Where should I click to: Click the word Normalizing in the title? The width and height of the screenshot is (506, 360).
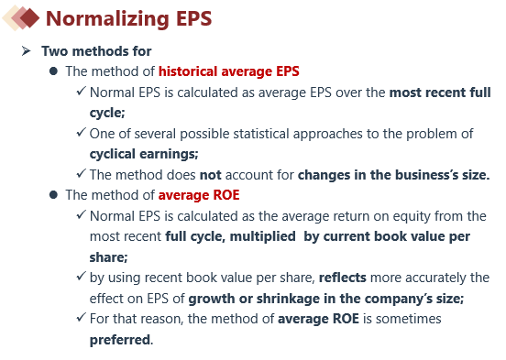point(107,18)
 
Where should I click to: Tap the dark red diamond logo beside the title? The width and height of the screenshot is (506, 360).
point(29,17)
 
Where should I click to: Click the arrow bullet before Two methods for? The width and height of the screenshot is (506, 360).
point(26,51)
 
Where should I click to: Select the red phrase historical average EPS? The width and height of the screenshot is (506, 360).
point(229,71)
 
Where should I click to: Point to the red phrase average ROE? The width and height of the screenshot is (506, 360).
point(199,195)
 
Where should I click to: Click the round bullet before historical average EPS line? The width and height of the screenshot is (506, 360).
point(53,71)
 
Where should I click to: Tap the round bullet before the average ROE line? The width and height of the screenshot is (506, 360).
point(53,195)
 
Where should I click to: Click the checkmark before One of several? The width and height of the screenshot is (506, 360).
point(82,132)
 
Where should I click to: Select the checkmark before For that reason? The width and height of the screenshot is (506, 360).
point(82,317)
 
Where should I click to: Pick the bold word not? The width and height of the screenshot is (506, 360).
point(211,175)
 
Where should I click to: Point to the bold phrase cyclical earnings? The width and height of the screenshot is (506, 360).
point(144,155)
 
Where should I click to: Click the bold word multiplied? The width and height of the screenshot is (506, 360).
point(263,236)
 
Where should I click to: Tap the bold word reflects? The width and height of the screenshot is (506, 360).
point(343,278)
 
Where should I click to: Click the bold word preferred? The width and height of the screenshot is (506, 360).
point(120,340)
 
